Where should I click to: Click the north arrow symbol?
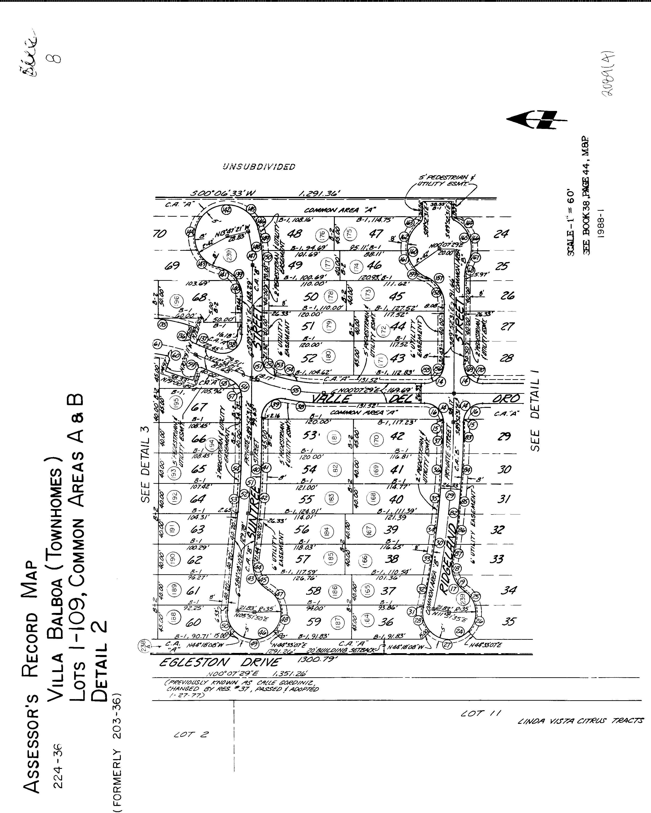[x=536, y=120]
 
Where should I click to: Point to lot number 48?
[x=295, y=234]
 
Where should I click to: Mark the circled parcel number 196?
[x=176, y=301]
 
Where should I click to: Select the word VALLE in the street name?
[x=332, y=399]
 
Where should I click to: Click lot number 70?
[x=160, y=234]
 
